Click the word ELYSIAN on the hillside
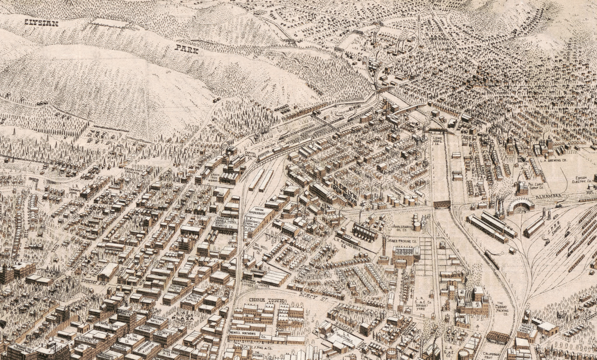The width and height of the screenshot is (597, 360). click(x=41, y=23)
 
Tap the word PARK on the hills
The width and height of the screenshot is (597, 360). click(x=187, y=49)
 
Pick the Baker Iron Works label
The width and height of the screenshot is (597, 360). click(x=215, y=176)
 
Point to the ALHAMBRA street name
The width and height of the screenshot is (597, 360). click(x=549, y=196)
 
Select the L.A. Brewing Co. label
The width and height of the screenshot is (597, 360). click(x=555, y=160)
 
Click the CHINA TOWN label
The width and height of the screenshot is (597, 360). click(x=267, y=301)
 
